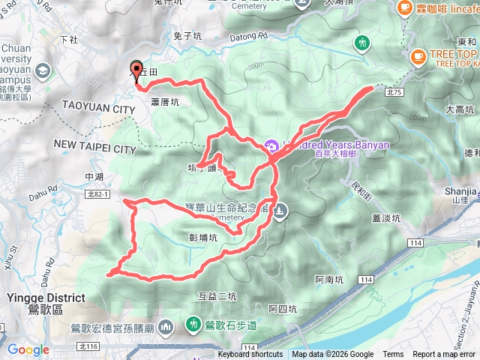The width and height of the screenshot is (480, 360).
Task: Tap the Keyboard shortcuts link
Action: coord(250,355)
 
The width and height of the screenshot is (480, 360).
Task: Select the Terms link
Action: coord(393,355)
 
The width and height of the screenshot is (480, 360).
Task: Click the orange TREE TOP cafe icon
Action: coord(416,54)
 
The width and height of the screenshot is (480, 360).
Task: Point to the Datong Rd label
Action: coord(252,35)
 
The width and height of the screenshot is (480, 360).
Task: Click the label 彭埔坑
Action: coord(203,238)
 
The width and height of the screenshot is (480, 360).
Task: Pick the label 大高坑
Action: coord(459,109)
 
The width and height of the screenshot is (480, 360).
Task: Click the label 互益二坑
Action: coord(217,295)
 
